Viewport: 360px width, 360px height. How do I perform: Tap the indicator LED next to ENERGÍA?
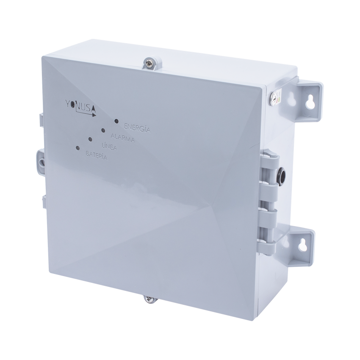click(x=116, y=121)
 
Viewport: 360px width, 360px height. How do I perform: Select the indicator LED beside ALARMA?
click(x=103, y=130)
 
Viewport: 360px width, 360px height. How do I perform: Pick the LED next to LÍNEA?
click(x=90, y=139)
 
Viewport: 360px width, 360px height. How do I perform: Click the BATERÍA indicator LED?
click(x=77, y=148)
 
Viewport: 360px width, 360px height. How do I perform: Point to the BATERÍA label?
click(x=97, y=155)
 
